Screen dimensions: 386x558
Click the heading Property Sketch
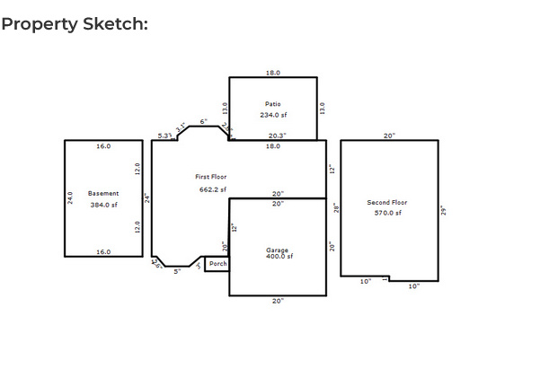75,24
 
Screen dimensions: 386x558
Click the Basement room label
103,193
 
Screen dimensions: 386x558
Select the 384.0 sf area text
103,205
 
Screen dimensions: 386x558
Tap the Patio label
272,104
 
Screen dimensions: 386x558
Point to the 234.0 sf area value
272,115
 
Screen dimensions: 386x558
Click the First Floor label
211,177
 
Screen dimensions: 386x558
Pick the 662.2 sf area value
213,189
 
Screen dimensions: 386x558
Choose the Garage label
278,250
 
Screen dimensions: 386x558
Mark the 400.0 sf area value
279,257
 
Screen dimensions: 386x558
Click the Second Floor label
387,203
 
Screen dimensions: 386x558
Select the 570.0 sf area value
387,213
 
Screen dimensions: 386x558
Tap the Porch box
217,264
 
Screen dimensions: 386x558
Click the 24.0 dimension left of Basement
70,197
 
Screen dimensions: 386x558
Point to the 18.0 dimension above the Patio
272,73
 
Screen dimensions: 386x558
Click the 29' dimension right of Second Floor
443,210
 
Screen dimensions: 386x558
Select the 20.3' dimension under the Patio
277,136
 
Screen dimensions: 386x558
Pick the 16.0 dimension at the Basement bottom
103,252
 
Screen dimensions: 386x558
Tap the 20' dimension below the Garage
278,301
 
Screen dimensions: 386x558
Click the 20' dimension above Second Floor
389,136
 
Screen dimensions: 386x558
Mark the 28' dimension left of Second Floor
335,207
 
